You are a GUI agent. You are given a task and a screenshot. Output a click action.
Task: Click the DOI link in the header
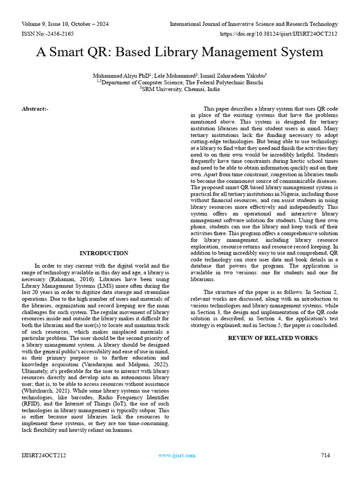tap(279, 34)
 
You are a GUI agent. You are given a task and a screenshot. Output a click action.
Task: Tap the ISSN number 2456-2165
tap(58, 34)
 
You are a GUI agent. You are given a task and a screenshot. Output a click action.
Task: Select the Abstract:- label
tap(35, 109)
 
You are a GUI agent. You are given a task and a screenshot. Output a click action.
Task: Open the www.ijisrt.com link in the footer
tap(177, 455)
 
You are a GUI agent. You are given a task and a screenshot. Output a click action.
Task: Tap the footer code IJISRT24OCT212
tap(44, 455)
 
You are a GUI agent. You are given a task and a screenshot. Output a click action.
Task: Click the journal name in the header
tap(254, 24)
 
